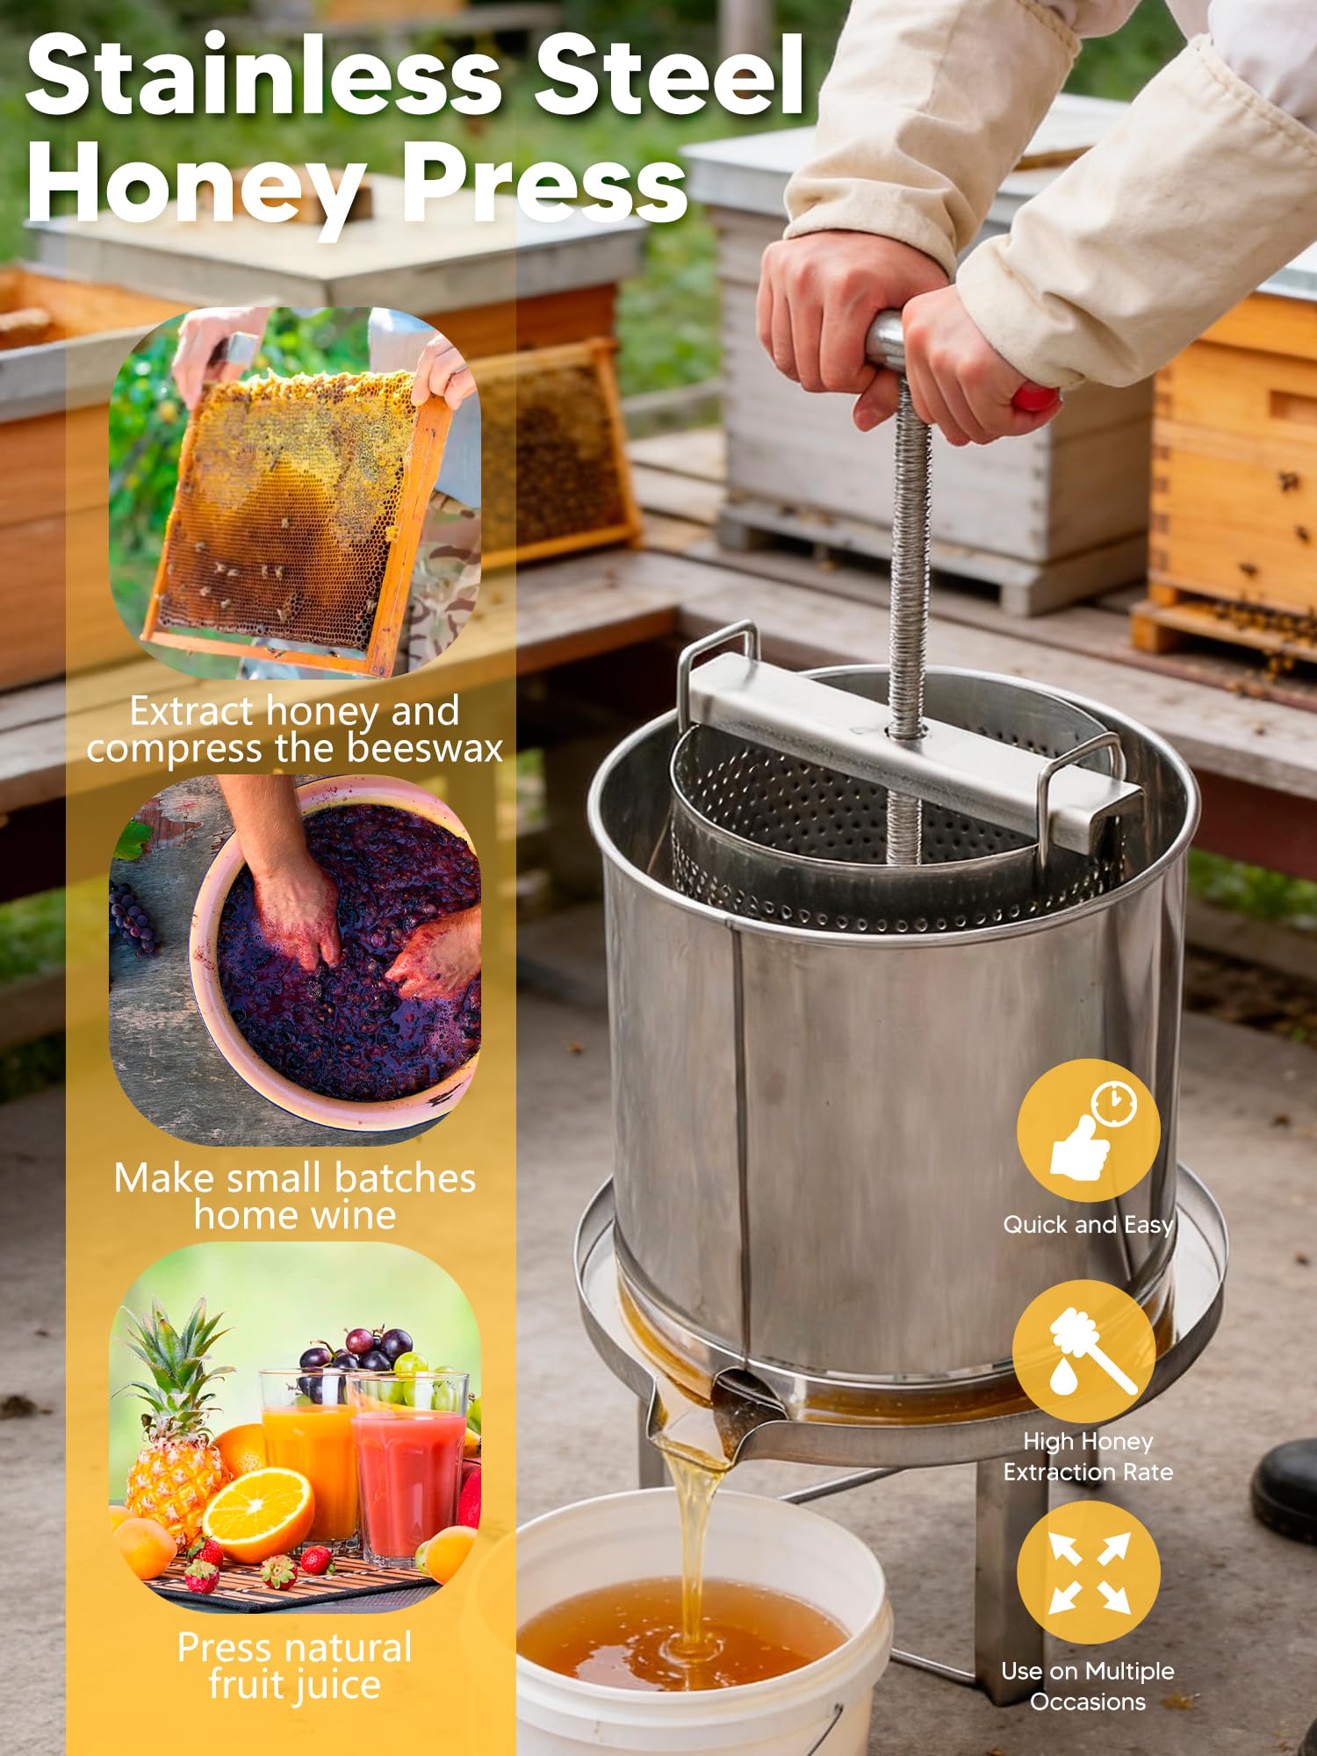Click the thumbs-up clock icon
pyautogui.click(x=1089, y=1130)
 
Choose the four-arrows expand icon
pyautogui.click(x=1089, y=1572)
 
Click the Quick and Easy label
pyautogui.click(x=1088, y=1226)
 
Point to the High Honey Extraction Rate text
pyautogui.click(x=1088, y=1457)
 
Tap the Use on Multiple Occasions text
pyautogui.click(x=1088, y=1687)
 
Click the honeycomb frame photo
pyautogui.click(x=295, y=493)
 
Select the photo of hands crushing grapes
pyautogui.click(x=295, y=961)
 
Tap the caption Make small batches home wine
pyautogui.click(x=295, y=1197)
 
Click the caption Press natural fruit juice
pyautogui.click(x=295, y=1666)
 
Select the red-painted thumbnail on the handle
pyautogui.click(x=1036, y=399)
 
